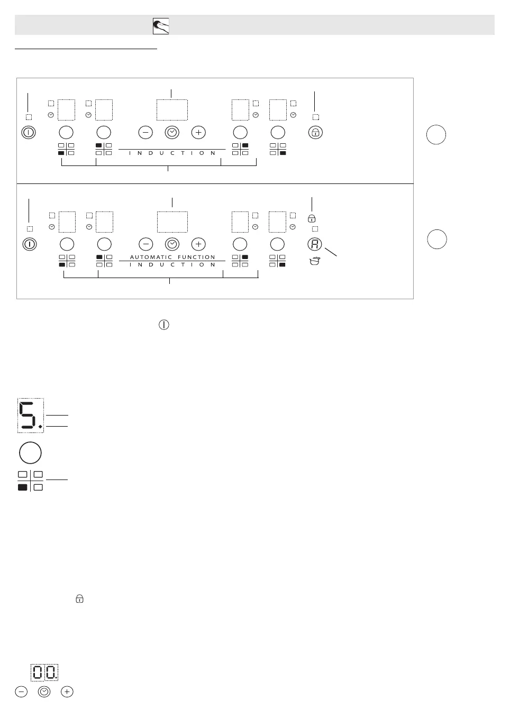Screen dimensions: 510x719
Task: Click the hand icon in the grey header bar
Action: click(x=161, y=26)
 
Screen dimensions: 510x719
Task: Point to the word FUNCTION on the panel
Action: click(x=197, y=257)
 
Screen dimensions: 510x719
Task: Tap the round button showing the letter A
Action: click(x=315, y=244)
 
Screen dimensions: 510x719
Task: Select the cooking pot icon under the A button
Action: click(x=315, y=261)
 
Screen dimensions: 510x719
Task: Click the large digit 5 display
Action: click(x=30, y=415)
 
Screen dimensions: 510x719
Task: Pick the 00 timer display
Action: click(x=44, y=672)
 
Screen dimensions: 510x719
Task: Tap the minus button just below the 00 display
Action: click(x=21, y=692)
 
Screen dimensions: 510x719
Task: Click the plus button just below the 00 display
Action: click(x=67, y=692)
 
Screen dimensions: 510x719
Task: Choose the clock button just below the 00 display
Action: click(x=44, y=692)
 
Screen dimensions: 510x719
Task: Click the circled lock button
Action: click(x=315, y=132)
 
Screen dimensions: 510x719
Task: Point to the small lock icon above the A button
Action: click(x=312, y=218)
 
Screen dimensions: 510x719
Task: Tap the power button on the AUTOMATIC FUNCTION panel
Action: click(x=30, y=244)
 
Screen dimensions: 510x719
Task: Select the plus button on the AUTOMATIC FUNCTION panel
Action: click(x=198, y=244)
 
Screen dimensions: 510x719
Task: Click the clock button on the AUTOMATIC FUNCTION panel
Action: click(x=172, y=244)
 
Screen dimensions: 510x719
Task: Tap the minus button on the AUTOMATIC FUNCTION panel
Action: click(x=146, y=244)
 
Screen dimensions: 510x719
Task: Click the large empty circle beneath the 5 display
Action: click(x=30, y=453)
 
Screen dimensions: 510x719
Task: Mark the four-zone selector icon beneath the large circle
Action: click(x=30, y=481)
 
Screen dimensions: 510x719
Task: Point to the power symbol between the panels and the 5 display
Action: click(x=164, y=325)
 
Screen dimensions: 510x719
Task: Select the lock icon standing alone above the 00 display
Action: click(x=79, y=598)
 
